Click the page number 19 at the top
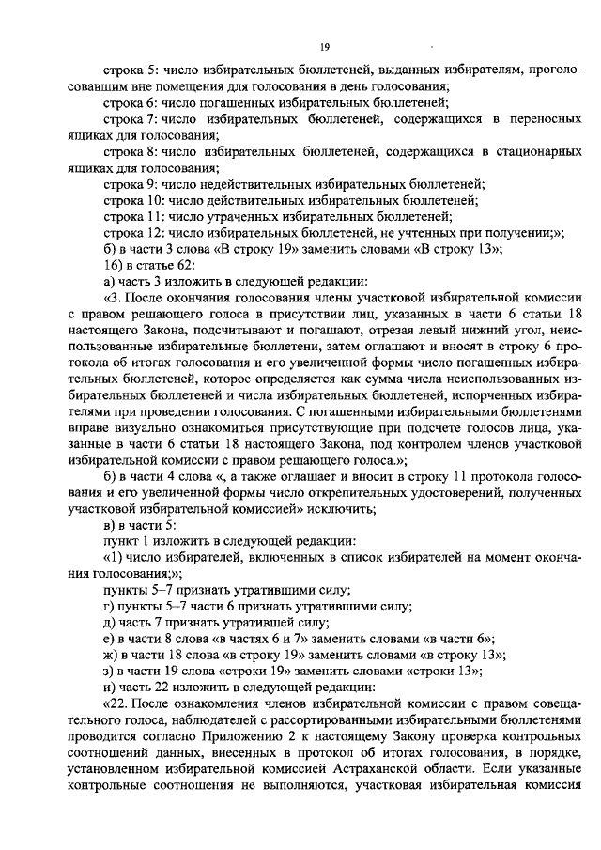coord(324,46)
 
